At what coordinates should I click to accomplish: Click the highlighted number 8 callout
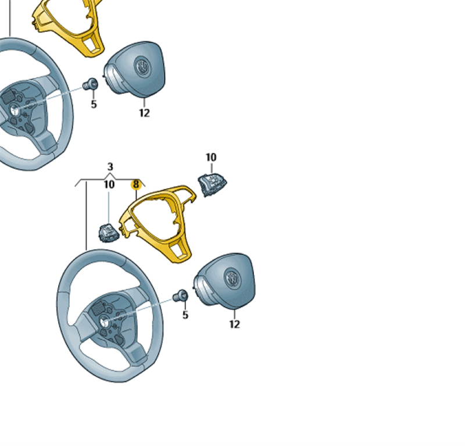click(136, 184)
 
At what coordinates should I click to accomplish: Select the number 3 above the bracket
click(110, 166)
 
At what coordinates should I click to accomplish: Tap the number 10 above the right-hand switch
click(211, 157)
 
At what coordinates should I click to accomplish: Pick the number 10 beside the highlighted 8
click(109, 184)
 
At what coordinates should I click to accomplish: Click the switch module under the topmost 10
click(212, 184)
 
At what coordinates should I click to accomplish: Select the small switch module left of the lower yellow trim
click(109, 233)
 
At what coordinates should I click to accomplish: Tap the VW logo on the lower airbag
click(233, 279)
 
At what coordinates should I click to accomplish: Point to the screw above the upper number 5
click(90, 84)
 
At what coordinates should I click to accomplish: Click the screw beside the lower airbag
click(180, 295)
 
